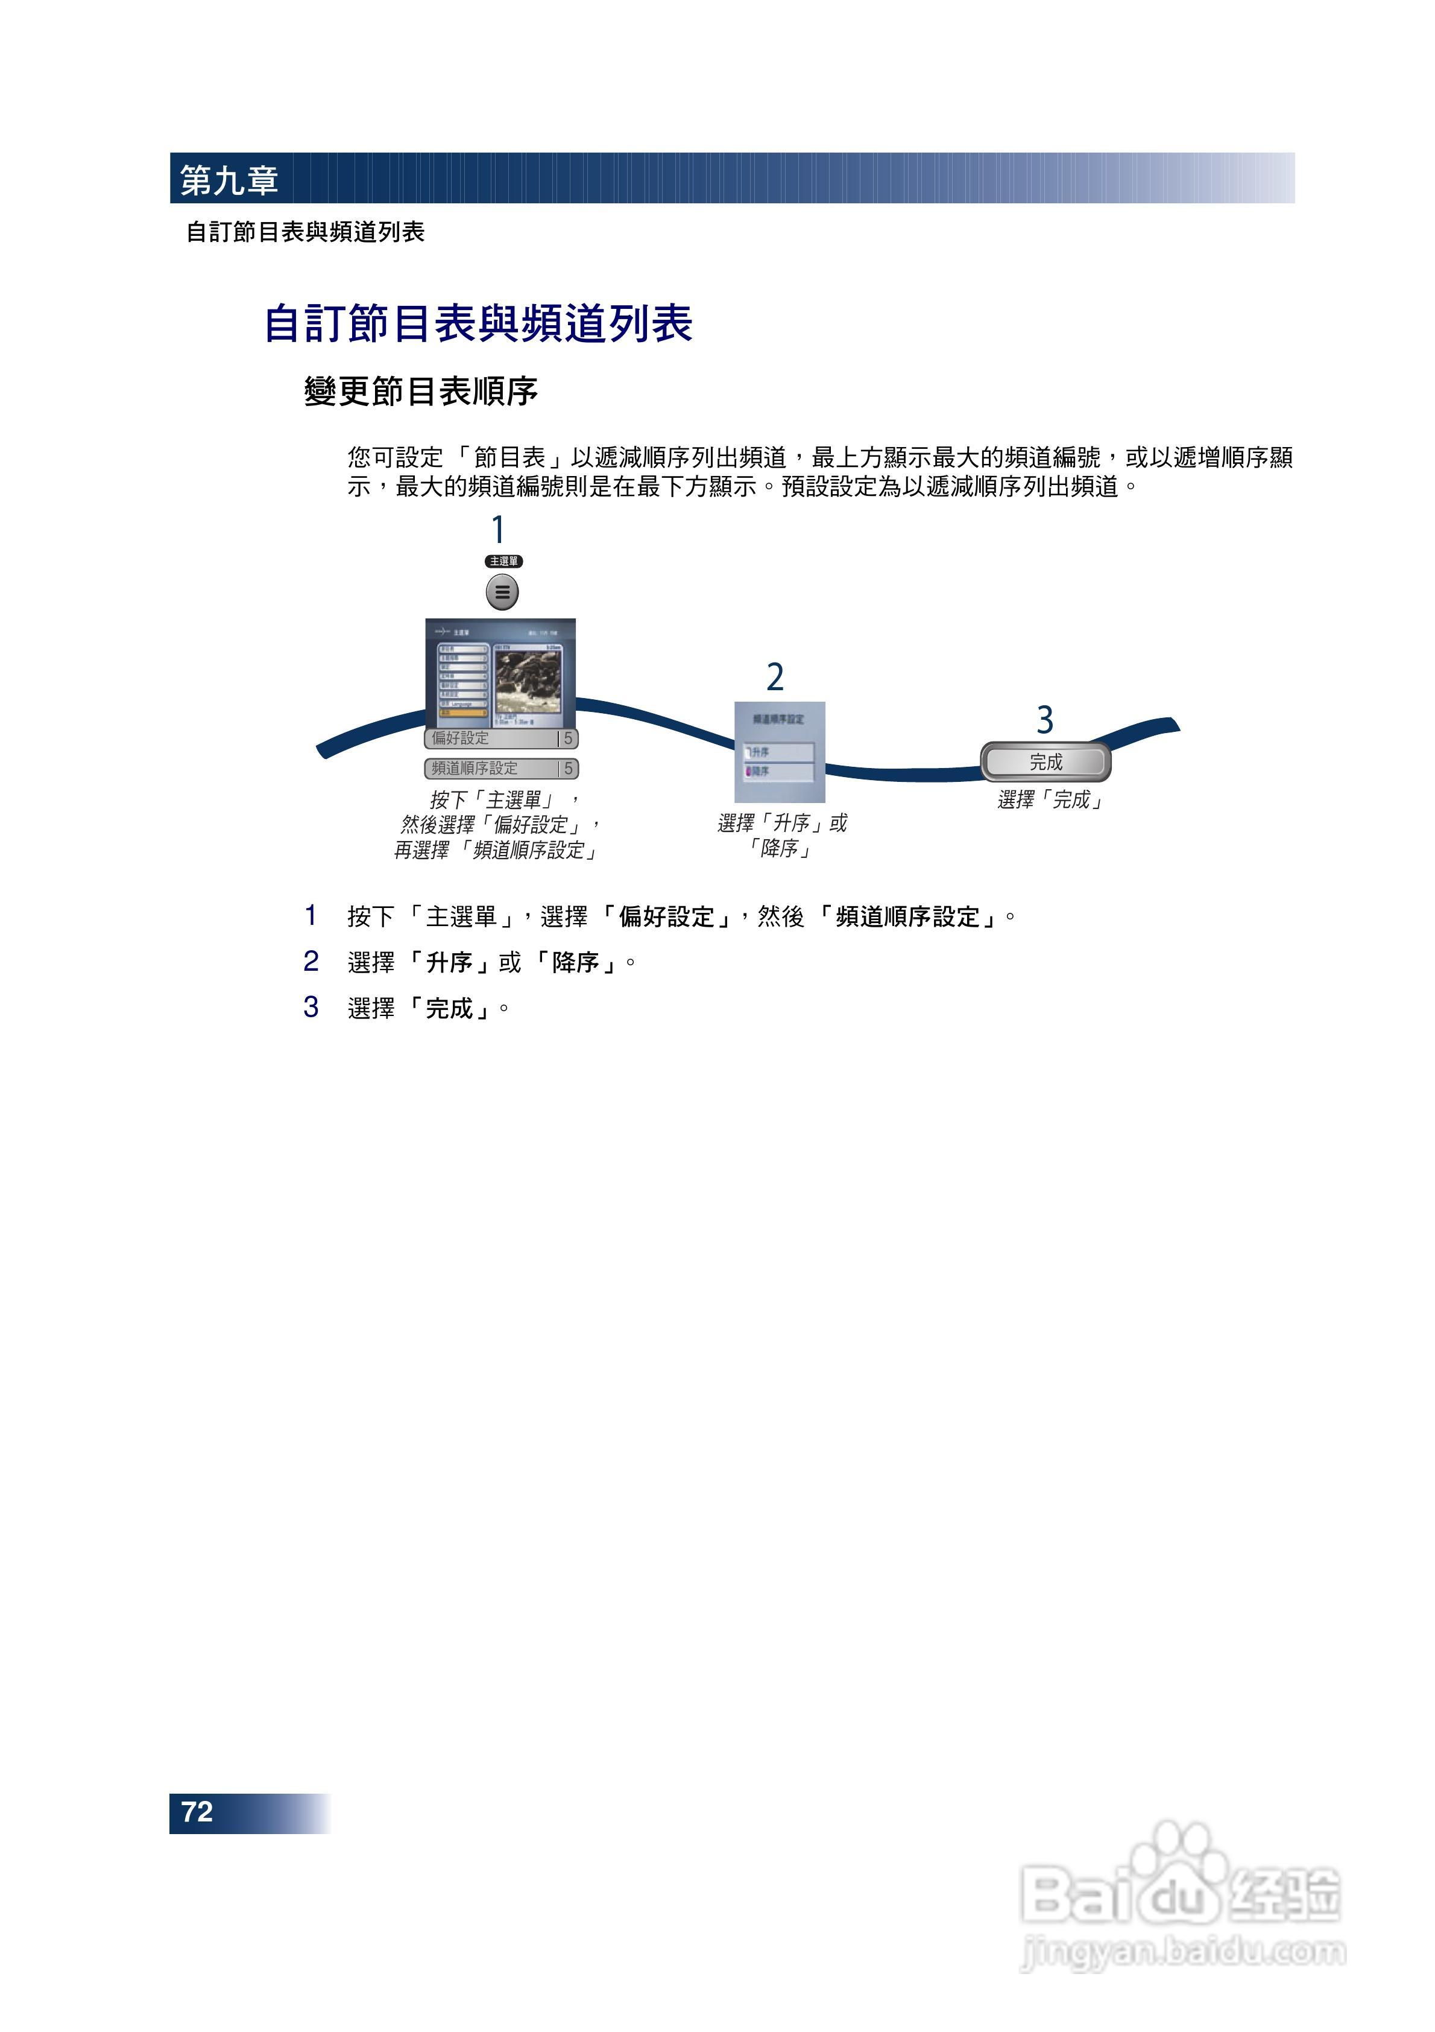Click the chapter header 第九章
(x=229, y=180)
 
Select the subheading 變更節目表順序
(x=421, y=391)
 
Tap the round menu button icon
(x=502, y=592)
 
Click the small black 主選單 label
(x=503, y=561)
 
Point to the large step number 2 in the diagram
(x=775, y=677)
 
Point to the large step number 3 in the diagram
(x=1045, y=720)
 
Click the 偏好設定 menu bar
(x=501, y=738)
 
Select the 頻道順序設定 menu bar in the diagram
(x=501, y=768)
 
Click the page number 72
(x=197, y=1812)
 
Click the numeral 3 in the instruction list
(x=311, y=1007)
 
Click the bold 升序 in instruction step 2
(x=449, y=962)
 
